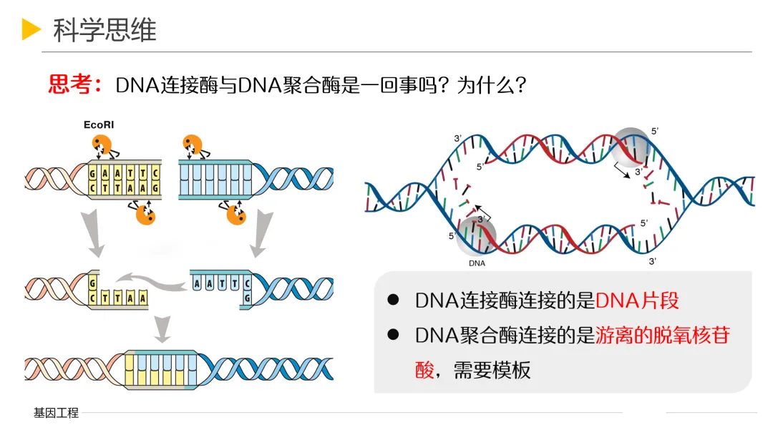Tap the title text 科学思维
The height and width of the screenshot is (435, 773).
click(x=104, y=30)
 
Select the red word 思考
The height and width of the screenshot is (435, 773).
click(x=70, y=85)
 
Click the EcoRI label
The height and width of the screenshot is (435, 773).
click(x=99, y=124)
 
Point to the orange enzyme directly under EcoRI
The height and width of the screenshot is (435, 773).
click(x=102, y=145)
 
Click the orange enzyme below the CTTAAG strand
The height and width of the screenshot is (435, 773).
click(x=145, y=214)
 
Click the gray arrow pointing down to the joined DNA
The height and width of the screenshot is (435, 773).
click(x=163, y=328)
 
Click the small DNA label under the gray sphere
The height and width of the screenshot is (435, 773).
click(x=477, y=263)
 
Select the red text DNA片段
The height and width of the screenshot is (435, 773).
click(x=636, y=300)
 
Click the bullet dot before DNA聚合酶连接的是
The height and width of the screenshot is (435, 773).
click(x=392, y=334)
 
